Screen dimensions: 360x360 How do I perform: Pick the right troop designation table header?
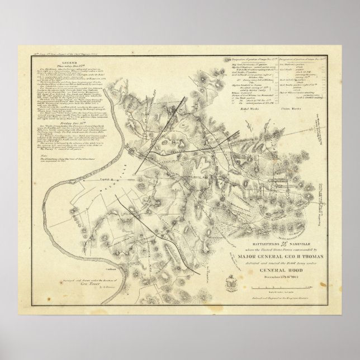(302, 59)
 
